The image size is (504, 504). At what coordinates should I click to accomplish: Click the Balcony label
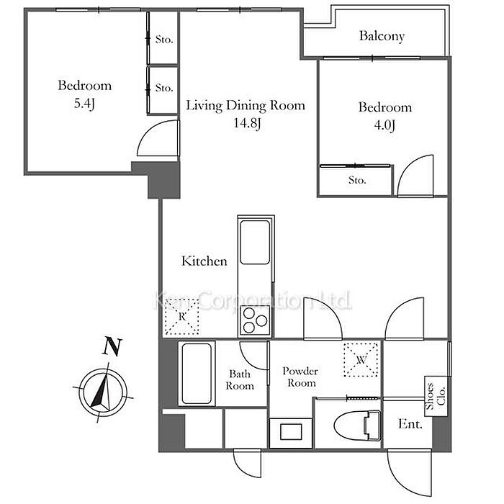[x=382, y=36]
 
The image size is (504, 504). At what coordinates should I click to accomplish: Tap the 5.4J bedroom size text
[x=84, y=104]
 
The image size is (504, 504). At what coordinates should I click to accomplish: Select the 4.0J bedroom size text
[x=384, y=125]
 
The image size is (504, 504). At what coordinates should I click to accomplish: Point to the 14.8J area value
[x=247, y=123]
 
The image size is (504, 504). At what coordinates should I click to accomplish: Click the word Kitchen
[x=204, y=261]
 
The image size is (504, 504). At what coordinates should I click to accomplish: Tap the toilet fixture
[x=357, y=426]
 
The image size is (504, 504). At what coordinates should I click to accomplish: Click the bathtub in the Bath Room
[x=197, y=374]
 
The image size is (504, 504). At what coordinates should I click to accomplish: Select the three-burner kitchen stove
[x=255, y=320]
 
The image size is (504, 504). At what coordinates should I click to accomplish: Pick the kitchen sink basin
[x=255, y=242]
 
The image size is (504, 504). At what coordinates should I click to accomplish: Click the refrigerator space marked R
[x=182, y=317]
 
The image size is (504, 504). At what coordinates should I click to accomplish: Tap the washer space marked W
[x=361, y=360]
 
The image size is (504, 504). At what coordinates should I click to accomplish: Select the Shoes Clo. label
[x=436, y=396]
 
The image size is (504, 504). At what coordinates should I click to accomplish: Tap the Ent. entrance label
[x=410, y=424]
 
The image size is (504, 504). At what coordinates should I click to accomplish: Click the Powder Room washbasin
[x=291, y=432]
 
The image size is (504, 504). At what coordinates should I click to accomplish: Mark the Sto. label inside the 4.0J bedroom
[x=357, y=180]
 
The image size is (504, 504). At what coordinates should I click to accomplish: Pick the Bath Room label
[x=240, y=380]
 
